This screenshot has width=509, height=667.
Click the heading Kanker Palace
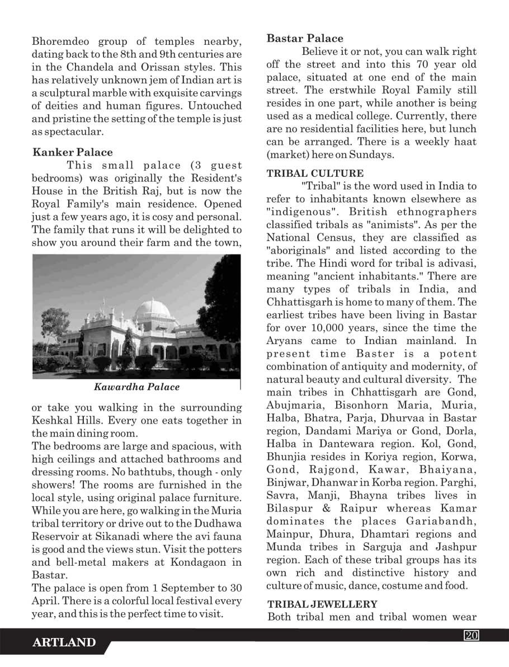(73, 152)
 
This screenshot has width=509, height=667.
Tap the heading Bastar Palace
(305, 39)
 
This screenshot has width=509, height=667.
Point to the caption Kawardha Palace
(137, 387)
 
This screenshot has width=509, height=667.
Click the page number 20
(469, 635)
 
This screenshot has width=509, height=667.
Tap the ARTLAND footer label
(64, 643)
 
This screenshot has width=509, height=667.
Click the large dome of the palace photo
(153, 309)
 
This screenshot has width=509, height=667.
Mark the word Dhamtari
(390, 534)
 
